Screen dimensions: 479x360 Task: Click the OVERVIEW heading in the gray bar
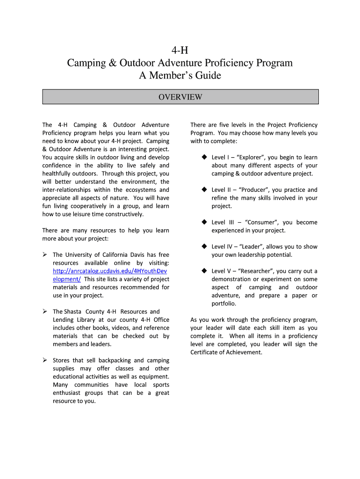click(x=180, y=97)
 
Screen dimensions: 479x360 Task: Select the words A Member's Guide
click(x=180, y=75)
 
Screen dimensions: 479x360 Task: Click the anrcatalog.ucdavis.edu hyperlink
click(x=110, y=271)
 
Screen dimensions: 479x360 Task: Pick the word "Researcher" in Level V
click(x=256, y=271)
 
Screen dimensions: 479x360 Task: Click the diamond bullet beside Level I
click(x=204, y=157)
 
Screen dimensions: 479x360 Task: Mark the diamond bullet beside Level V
click(x=204, y=271)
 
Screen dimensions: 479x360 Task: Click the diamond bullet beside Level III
click(x=204, y=222)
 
